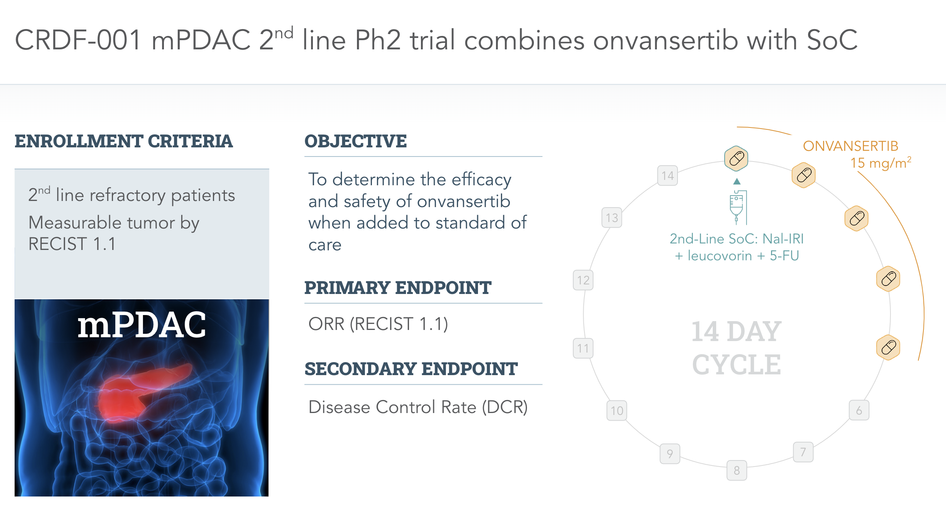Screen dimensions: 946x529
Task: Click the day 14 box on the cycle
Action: [668, 175]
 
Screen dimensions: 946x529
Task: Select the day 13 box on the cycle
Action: [612, 217]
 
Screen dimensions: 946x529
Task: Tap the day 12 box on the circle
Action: [583, 280]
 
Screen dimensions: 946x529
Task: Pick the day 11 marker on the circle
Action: [583, 348]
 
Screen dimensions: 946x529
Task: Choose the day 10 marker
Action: [617, 410]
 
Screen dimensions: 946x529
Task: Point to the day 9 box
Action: [670, 454]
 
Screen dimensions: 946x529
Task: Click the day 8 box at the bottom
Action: [737, 470]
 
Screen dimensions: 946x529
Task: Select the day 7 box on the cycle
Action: [803, 452]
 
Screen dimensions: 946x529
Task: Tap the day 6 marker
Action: [859, 410]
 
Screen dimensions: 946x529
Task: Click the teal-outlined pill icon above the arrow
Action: [737, 158]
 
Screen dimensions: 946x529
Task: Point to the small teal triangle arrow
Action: [737, 181]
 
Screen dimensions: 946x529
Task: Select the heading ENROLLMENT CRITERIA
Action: [124, 141]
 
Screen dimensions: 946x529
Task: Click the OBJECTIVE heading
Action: [355, 141]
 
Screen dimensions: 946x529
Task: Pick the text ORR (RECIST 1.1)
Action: [378, 324]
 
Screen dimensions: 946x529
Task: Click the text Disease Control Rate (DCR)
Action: [418, 407]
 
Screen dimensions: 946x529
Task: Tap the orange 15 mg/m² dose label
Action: [881, 163]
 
